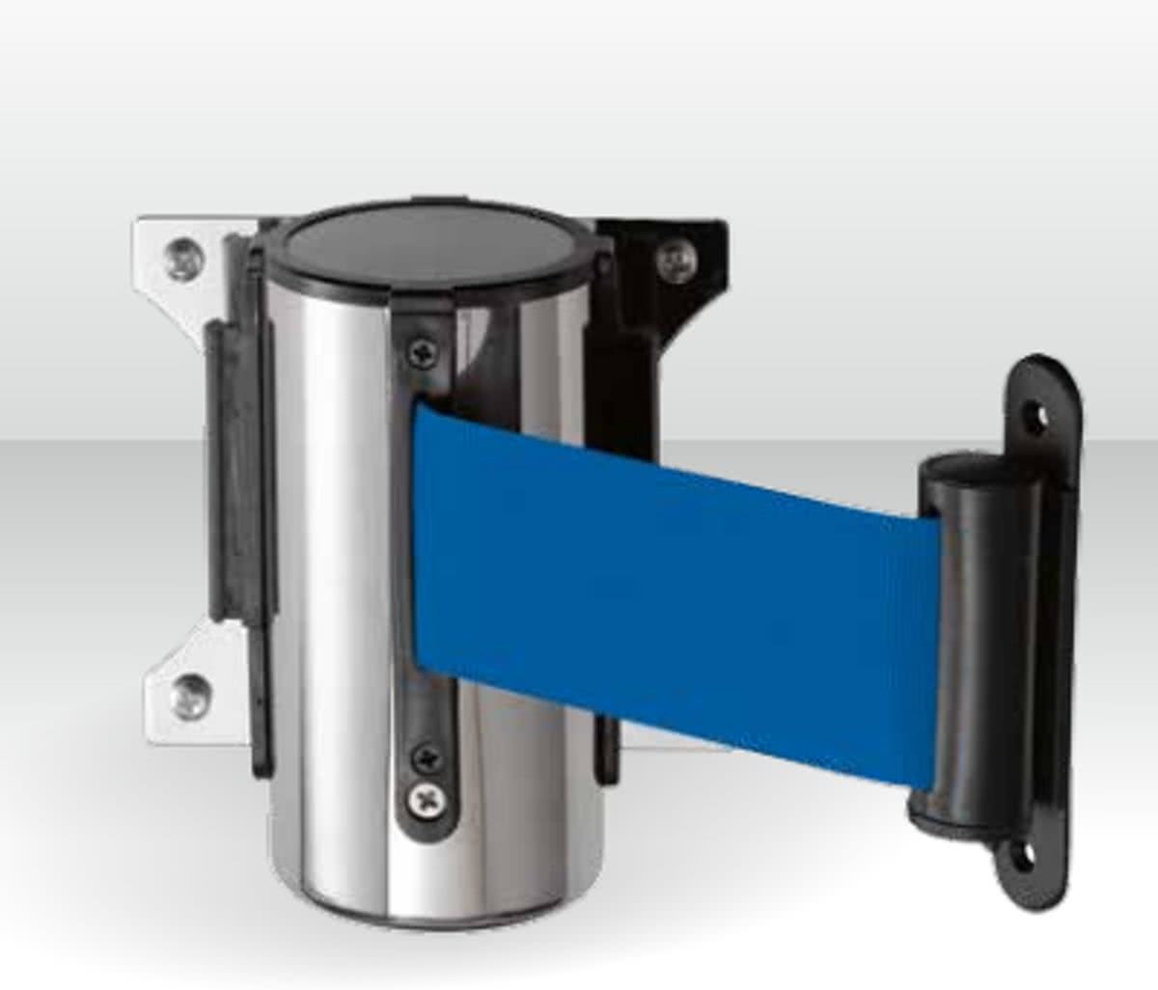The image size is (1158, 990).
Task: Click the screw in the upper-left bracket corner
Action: click(x=179, y=257)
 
